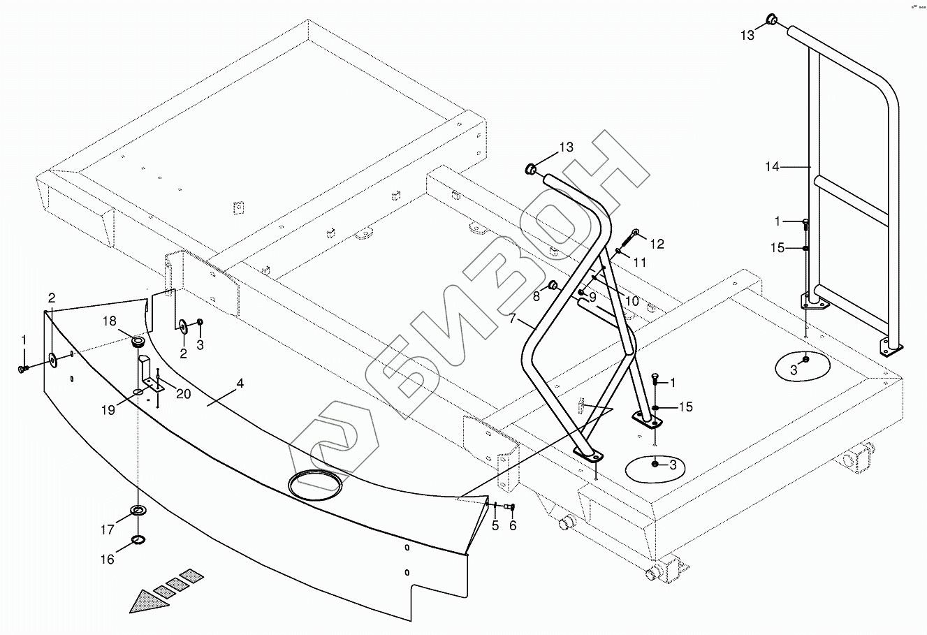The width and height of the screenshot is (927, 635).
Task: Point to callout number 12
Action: click(657, 244)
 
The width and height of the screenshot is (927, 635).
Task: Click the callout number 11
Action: click(639, 263)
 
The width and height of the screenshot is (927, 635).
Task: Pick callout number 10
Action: click(632, 301)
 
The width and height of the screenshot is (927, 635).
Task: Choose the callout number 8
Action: click(536, 296)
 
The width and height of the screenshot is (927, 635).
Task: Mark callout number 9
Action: click(592, 297)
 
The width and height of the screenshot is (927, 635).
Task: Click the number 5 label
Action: click(495, 525)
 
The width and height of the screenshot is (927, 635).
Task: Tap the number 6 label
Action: click(513, 525)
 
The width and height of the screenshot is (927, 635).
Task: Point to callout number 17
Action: click(107, 530)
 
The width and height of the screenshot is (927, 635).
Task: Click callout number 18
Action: click(110, 321)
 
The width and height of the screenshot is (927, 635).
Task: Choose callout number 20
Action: click(183, 394)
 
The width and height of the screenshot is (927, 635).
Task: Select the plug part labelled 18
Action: click(138, 342)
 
